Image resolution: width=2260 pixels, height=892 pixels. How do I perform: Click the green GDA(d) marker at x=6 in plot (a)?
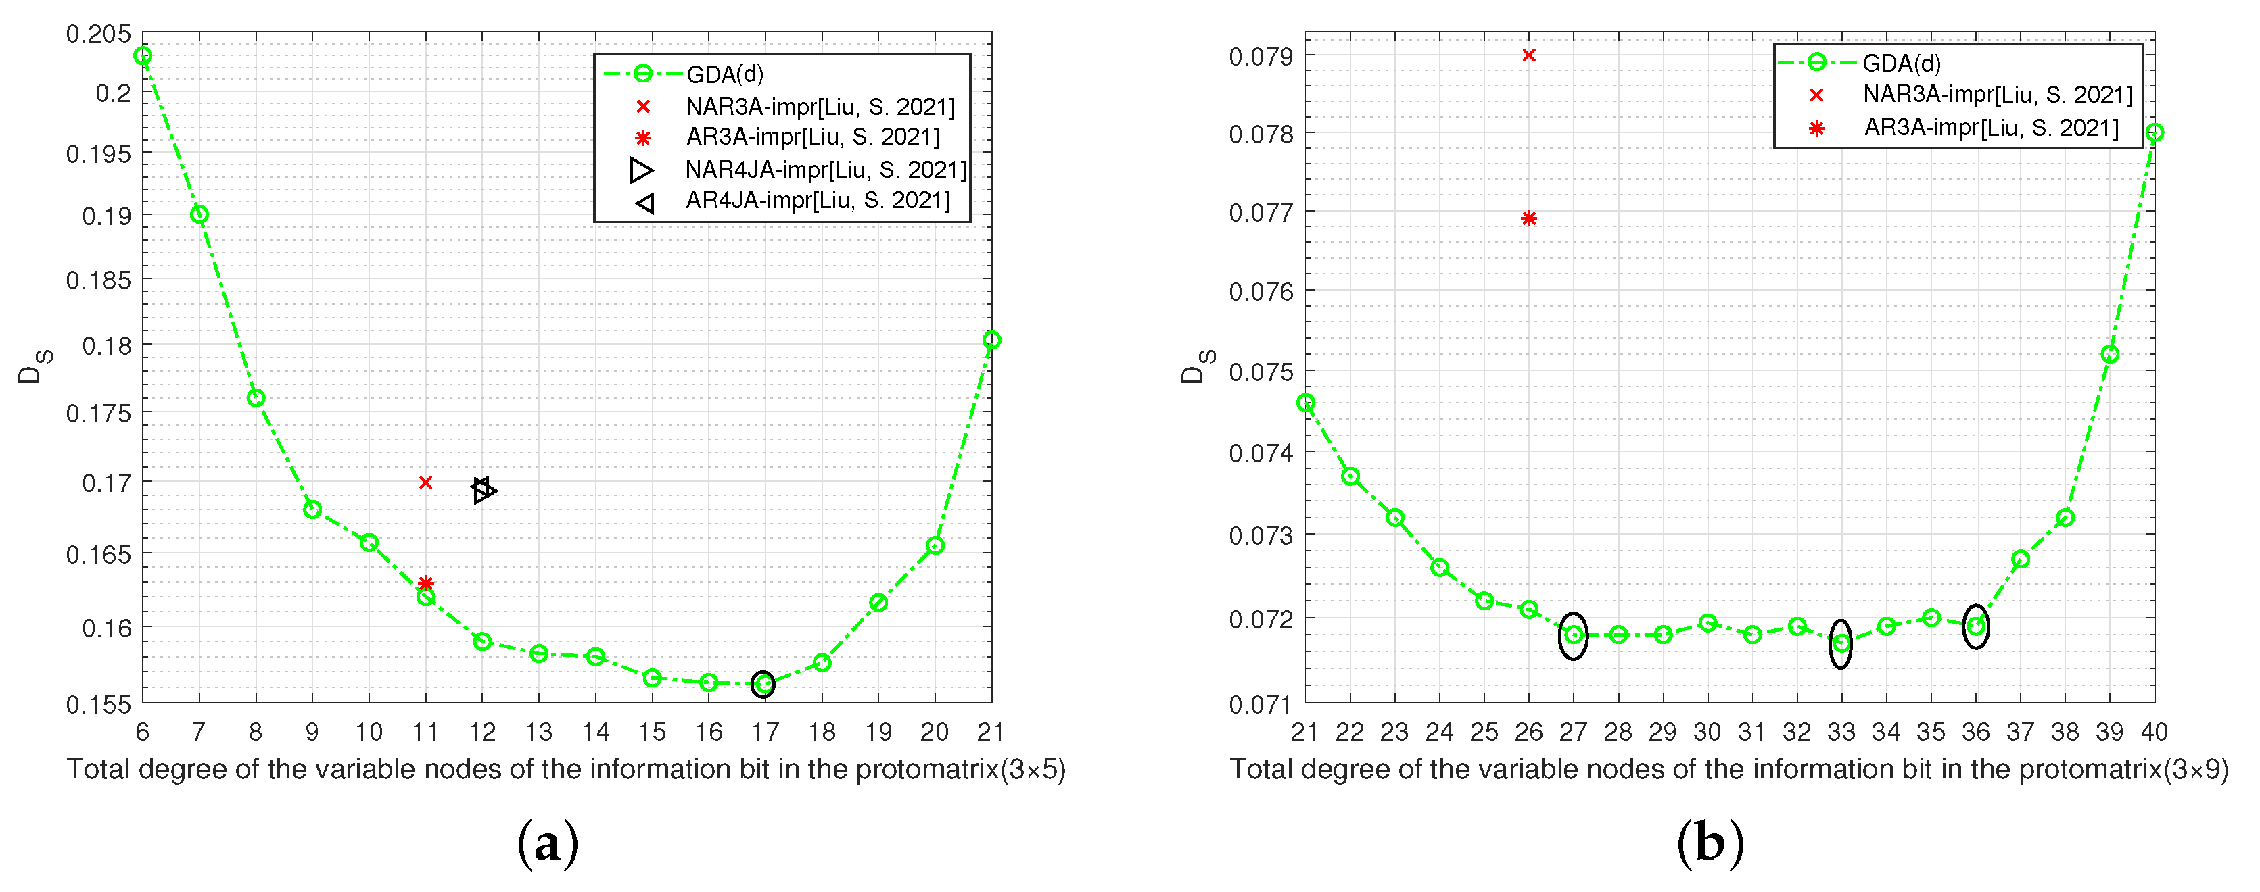143,56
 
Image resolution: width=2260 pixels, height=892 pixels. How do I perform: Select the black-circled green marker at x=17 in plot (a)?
763,684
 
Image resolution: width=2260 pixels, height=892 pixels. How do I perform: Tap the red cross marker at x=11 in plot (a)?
425,482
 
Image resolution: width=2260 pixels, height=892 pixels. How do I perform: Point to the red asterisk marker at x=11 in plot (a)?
425,583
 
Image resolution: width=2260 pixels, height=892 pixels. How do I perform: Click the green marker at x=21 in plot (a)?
991,341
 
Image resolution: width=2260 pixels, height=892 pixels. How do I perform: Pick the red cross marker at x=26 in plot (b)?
1528,55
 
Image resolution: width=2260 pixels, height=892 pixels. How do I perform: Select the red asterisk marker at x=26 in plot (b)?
1528,218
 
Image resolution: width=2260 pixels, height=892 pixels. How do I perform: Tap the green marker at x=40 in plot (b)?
2154,133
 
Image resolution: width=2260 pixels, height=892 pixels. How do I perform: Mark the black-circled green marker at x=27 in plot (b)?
1573,635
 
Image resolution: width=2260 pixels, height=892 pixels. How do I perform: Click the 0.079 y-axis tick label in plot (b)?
1261,57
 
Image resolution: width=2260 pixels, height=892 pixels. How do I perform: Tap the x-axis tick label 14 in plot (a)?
596,731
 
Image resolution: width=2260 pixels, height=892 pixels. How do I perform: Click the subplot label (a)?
548,844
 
